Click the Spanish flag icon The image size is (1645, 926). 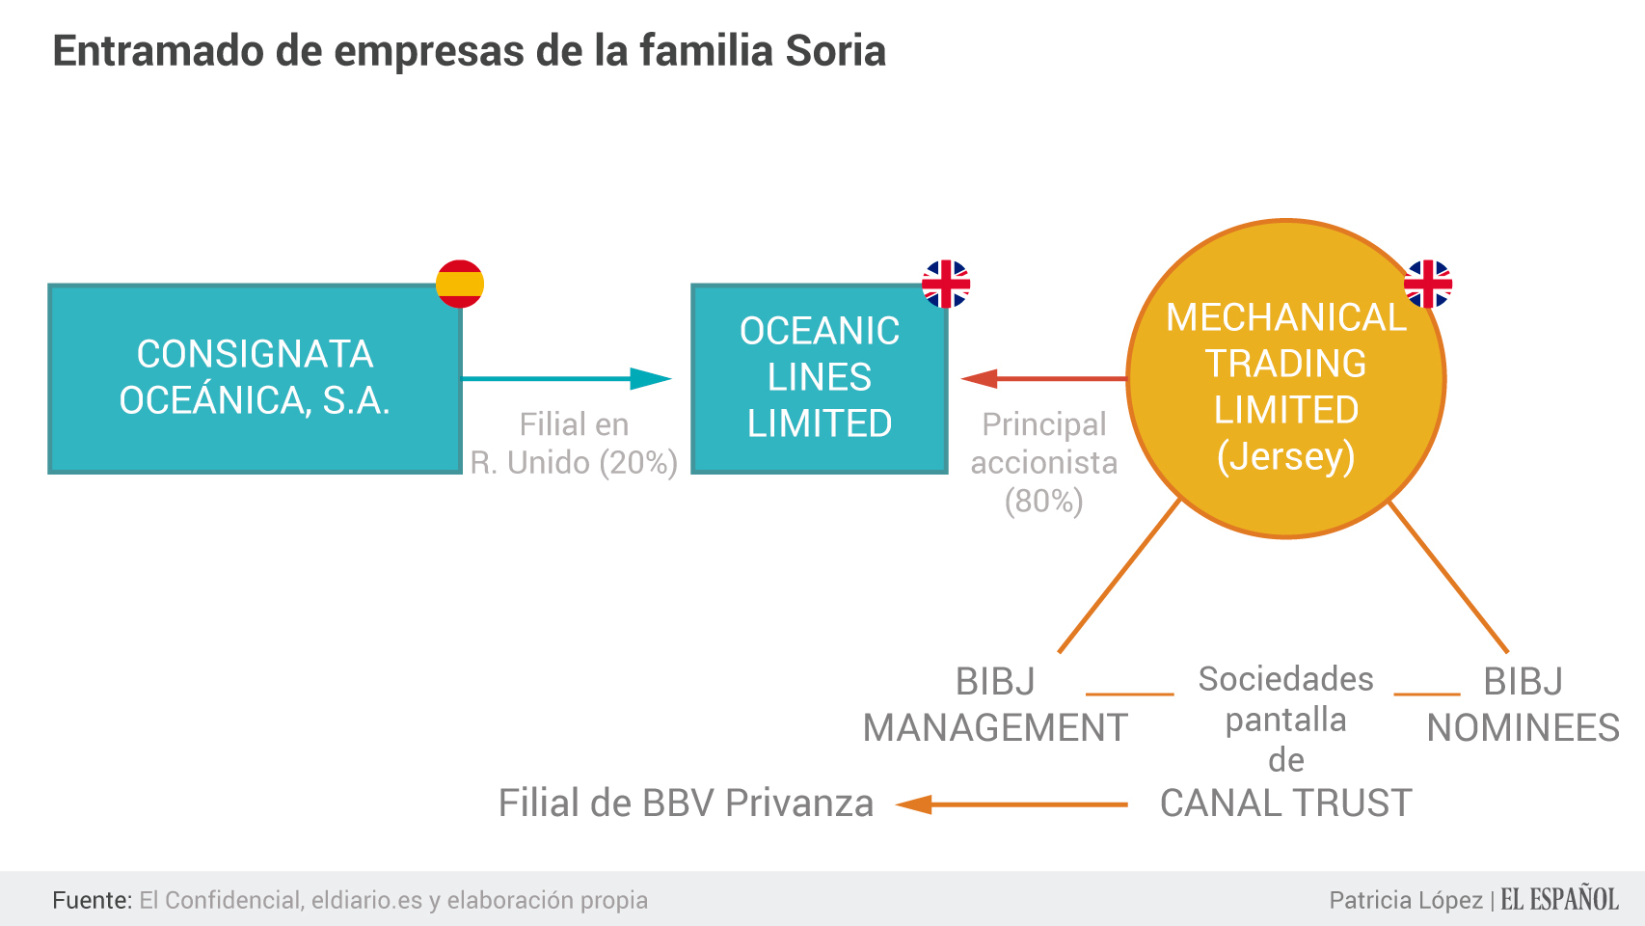pos(459,285)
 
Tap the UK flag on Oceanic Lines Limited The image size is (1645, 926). pos(946,285)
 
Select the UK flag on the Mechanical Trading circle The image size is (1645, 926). pos(1428,285)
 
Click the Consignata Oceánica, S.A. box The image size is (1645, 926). pos(255,378)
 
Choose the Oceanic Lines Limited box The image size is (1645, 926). pos(820,378)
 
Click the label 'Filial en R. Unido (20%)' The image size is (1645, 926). pos(575,444)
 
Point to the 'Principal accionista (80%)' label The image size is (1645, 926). pos(1044,463)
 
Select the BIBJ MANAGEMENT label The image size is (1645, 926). pos(995,705)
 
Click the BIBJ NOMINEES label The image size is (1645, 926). pos(1523,705)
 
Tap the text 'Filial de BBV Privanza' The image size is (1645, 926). pos(686,803)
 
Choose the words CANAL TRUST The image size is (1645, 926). pos(1285,803)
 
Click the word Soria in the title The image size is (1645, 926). pos(835,51)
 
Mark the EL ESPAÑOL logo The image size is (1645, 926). pos(1559,900)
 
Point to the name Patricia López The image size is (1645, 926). pos(1406,900)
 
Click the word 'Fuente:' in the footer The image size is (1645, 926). pos(92,900)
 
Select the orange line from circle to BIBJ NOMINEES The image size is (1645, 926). pos(1448,577)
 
